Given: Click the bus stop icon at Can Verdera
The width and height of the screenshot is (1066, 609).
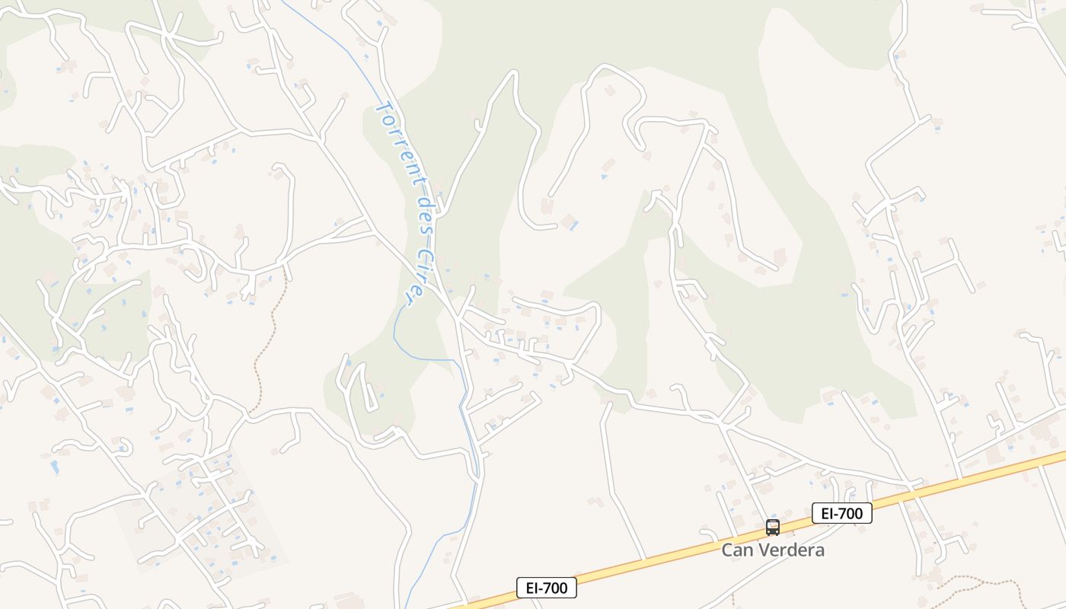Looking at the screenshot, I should point(773,528).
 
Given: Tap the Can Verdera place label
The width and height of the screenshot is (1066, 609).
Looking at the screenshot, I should point(773,550).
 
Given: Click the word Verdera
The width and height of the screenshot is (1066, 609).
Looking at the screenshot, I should point(790,550).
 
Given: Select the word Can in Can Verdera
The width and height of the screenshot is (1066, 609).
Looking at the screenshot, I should point(737,550).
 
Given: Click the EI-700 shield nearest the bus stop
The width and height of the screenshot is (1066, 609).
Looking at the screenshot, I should point(841,514).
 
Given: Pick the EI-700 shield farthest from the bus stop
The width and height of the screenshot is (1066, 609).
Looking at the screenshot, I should point(546,588).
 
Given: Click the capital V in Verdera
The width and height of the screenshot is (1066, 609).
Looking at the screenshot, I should point(764,550).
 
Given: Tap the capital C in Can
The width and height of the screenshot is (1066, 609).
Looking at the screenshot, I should point(727,550).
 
